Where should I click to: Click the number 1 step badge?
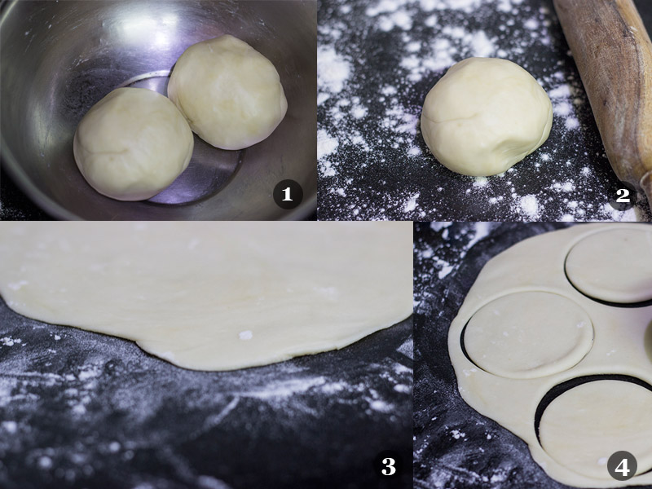pos(288,194)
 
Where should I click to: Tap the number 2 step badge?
pos(623,195)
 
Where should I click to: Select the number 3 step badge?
pos(389,465)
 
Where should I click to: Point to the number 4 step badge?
pos(622,466)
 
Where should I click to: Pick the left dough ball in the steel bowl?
pos(133,143)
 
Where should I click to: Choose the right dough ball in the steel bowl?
pos(227,92)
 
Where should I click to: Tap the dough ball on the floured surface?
pos(486,117)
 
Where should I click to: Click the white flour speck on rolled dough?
pos(246,335)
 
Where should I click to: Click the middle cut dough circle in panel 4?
pos(528,334)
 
